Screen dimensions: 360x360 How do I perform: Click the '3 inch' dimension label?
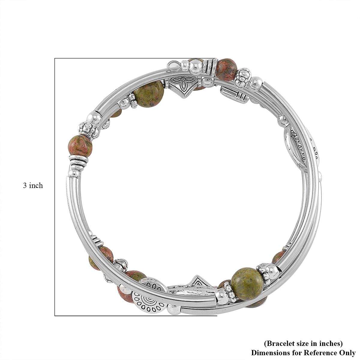(x=33, y=186)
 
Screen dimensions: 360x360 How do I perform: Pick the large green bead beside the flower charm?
(x=149, y=93)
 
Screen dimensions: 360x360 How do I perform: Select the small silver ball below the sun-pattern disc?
(x=172, y=308)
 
